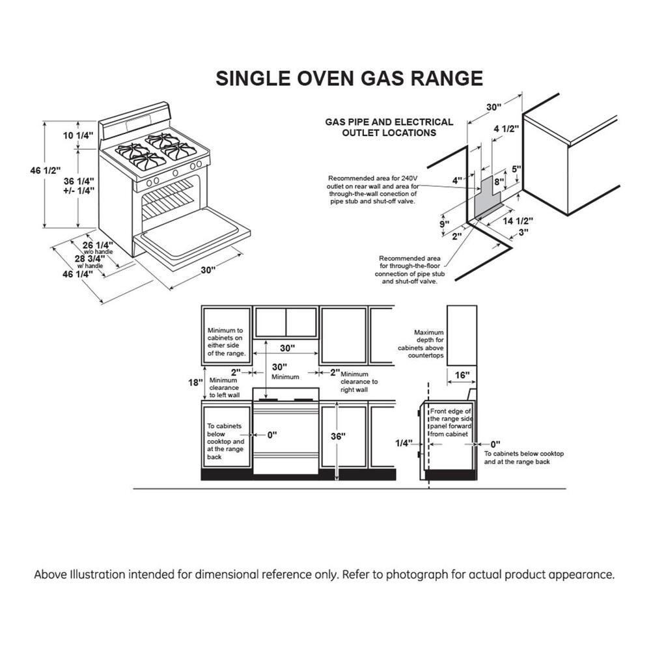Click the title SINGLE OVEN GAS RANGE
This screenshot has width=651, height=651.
(349, 78)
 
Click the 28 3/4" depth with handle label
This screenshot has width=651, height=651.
(89, 258)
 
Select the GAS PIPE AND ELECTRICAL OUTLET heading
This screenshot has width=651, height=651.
(389, 127)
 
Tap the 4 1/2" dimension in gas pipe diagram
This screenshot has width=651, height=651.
(506, 129)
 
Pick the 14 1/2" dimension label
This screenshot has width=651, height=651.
(519, 221)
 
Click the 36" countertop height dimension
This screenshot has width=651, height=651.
(338, 437)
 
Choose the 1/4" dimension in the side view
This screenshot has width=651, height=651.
(404, 443)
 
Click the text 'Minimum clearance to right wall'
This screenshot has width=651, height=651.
(359, 381)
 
